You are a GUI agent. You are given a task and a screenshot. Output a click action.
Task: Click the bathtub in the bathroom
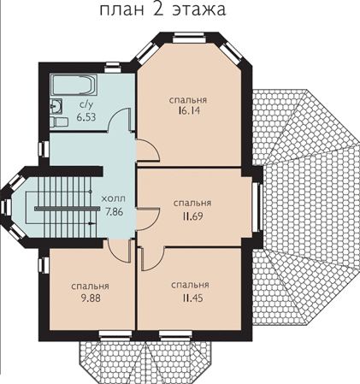tap(74, 85)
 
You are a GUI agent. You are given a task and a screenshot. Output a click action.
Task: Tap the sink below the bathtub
tap(56, 107)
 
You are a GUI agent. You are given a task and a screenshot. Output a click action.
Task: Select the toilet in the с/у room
tap(59, 121)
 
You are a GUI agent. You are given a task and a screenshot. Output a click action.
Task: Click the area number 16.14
tap(188, 110)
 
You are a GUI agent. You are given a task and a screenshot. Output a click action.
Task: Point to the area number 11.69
tap(192, 216)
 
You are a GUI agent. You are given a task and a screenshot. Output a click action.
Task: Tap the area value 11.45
tap(192, 298)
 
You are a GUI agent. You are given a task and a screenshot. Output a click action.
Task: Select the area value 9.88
tap(91, 298)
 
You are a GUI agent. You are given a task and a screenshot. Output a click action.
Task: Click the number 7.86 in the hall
tap(114, 211)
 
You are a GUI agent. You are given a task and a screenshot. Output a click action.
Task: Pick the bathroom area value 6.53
tap(86, 117)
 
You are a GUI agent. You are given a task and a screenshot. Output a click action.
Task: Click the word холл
tap(114, 198)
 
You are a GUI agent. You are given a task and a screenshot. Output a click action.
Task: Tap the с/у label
tap(86, 105)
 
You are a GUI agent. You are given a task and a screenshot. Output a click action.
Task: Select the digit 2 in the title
tap(158, 9)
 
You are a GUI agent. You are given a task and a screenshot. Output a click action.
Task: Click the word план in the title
tap(122, 10)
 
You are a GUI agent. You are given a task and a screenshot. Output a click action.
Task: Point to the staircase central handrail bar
tap(65, 209)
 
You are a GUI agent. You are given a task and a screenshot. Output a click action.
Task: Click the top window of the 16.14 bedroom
tap(189, 38)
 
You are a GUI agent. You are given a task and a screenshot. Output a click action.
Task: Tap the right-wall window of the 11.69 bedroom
tap(257, 207)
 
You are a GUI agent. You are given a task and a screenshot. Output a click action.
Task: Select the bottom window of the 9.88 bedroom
tap(115, 335)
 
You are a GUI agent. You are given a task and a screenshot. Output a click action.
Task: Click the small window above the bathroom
tap(112, 68)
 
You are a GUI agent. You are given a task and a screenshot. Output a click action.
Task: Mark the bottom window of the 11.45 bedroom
tap(175, 335)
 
